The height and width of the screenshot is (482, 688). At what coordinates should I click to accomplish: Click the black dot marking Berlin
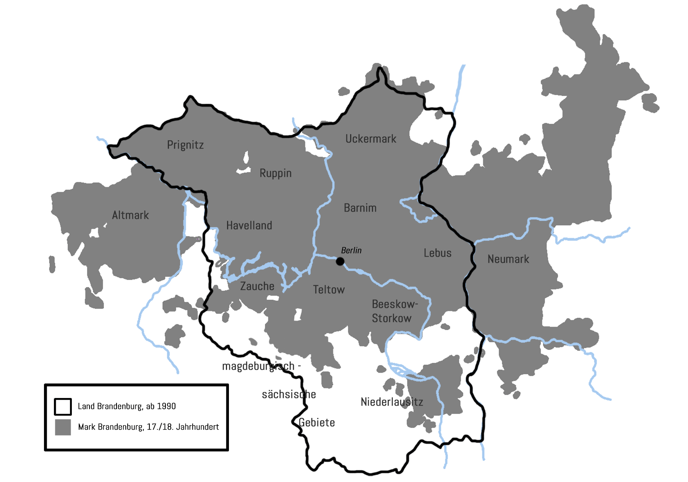pos(340,262)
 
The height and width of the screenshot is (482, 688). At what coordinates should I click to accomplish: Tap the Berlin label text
pos(351,251)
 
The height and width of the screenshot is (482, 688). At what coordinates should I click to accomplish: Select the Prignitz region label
pos(185,145)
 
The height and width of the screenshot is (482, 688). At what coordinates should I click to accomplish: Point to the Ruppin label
pos(276,173)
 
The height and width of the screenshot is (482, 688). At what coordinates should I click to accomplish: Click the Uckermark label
pos(371,139)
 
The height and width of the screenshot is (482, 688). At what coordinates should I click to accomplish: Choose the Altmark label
pos(130,215)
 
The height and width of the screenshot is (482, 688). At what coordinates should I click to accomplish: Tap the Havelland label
pos(249,226)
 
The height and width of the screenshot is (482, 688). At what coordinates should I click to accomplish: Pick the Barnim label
pos(360,208)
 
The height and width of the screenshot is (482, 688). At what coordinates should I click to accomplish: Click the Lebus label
pos(438,253)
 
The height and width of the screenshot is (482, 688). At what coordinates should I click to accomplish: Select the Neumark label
pos(508,259)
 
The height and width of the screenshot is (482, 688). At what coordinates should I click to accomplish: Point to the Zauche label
pos(257,286)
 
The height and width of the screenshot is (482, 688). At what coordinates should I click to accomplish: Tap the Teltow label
pos(329,290)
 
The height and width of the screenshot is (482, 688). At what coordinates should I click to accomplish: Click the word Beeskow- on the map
pos(395,304)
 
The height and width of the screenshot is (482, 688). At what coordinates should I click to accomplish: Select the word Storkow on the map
pos(392,319)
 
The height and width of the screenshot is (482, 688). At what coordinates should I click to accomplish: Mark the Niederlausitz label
pos(392,402)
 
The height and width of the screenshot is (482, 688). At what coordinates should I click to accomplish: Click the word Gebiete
pos(317,423)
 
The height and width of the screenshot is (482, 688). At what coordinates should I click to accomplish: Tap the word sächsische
pos(289,395)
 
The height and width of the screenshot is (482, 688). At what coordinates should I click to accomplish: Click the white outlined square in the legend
pos(63,407)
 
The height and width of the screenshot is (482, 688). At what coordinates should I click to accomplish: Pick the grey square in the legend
pos(63,427)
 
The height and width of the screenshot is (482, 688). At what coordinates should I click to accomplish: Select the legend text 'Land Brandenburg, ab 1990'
pos(127,406)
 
